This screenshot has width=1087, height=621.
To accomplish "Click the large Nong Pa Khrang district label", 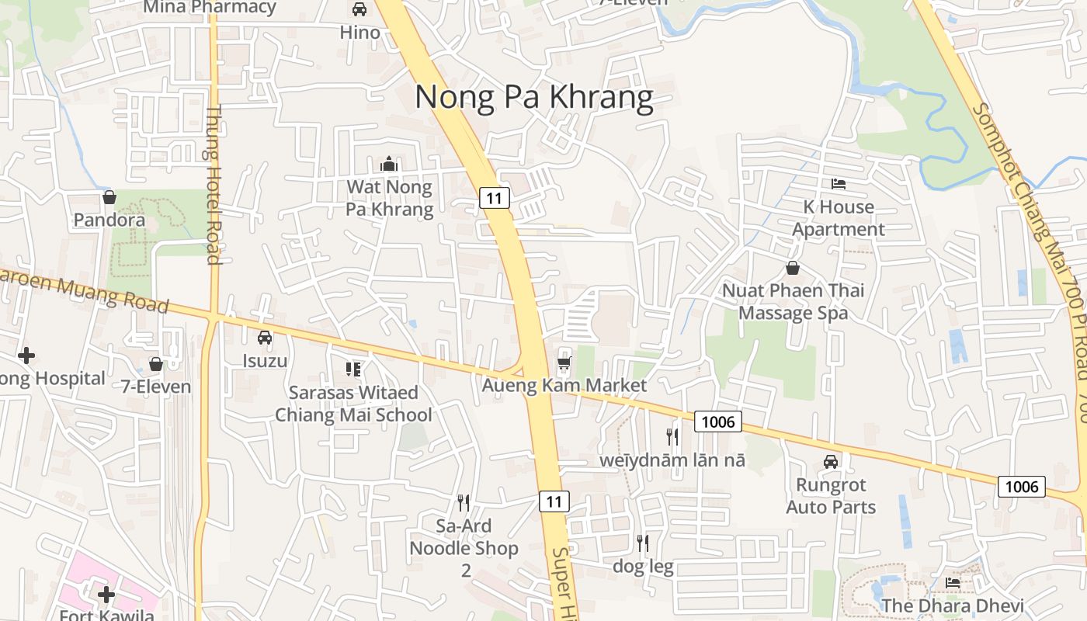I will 533,97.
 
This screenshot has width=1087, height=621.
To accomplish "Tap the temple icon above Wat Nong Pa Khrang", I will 389,164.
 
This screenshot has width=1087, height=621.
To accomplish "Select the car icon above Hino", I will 359,9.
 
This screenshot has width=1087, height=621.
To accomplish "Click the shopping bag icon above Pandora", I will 109,197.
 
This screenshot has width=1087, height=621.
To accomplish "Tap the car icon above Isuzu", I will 265,338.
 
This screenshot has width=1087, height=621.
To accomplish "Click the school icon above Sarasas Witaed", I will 353,369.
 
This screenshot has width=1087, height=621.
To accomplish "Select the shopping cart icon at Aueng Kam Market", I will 564,363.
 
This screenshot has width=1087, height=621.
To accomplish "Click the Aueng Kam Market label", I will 564,385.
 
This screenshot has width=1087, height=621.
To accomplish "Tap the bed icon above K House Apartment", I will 839,184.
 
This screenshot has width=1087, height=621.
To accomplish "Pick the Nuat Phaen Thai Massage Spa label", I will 793,301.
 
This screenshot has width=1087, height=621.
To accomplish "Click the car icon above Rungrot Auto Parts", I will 831,462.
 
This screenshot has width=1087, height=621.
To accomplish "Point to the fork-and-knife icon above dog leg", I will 643,543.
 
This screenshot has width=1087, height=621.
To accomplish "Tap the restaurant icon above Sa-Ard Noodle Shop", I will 464,503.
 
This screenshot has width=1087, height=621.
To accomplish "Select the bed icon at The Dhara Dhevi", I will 953,583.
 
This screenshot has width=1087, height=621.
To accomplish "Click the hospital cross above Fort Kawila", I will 106,595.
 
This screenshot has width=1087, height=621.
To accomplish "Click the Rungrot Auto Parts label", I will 831,496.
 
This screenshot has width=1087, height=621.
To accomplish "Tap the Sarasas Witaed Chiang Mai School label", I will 353,404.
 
